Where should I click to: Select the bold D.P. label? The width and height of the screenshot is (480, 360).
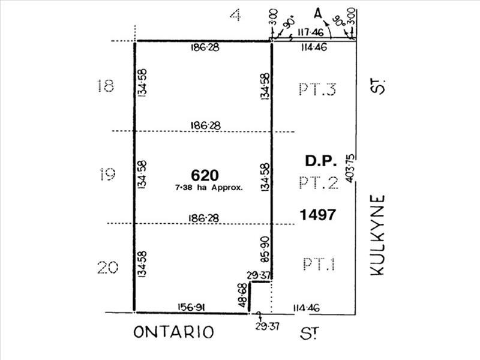click(x=319, y=161)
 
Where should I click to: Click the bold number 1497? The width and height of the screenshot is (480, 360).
click(x=319, y=214)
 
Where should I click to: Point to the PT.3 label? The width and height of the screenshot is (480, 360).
click(x=317, y=89)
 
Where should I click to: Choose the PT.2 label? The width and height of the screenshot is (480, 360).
click(x=317, y=182)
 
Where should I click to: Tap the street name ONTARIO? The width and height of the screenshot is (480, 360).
click(x=173, y=332)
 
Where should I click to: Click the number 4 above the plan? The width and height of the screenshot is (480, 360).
click(x=236, y=15)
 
